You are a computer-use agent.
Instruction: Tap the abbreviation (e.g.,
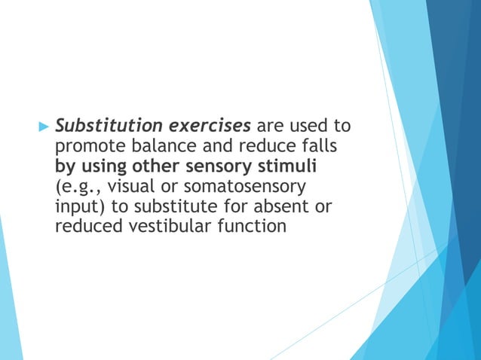pyautogui.click(x=76, y=185)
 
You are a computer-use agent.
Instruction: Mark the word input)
pyautogui.click(x=81, y=206)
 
